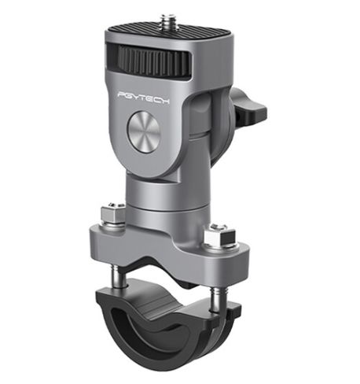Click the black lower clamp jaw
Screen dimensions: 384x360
click(174, 330)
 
